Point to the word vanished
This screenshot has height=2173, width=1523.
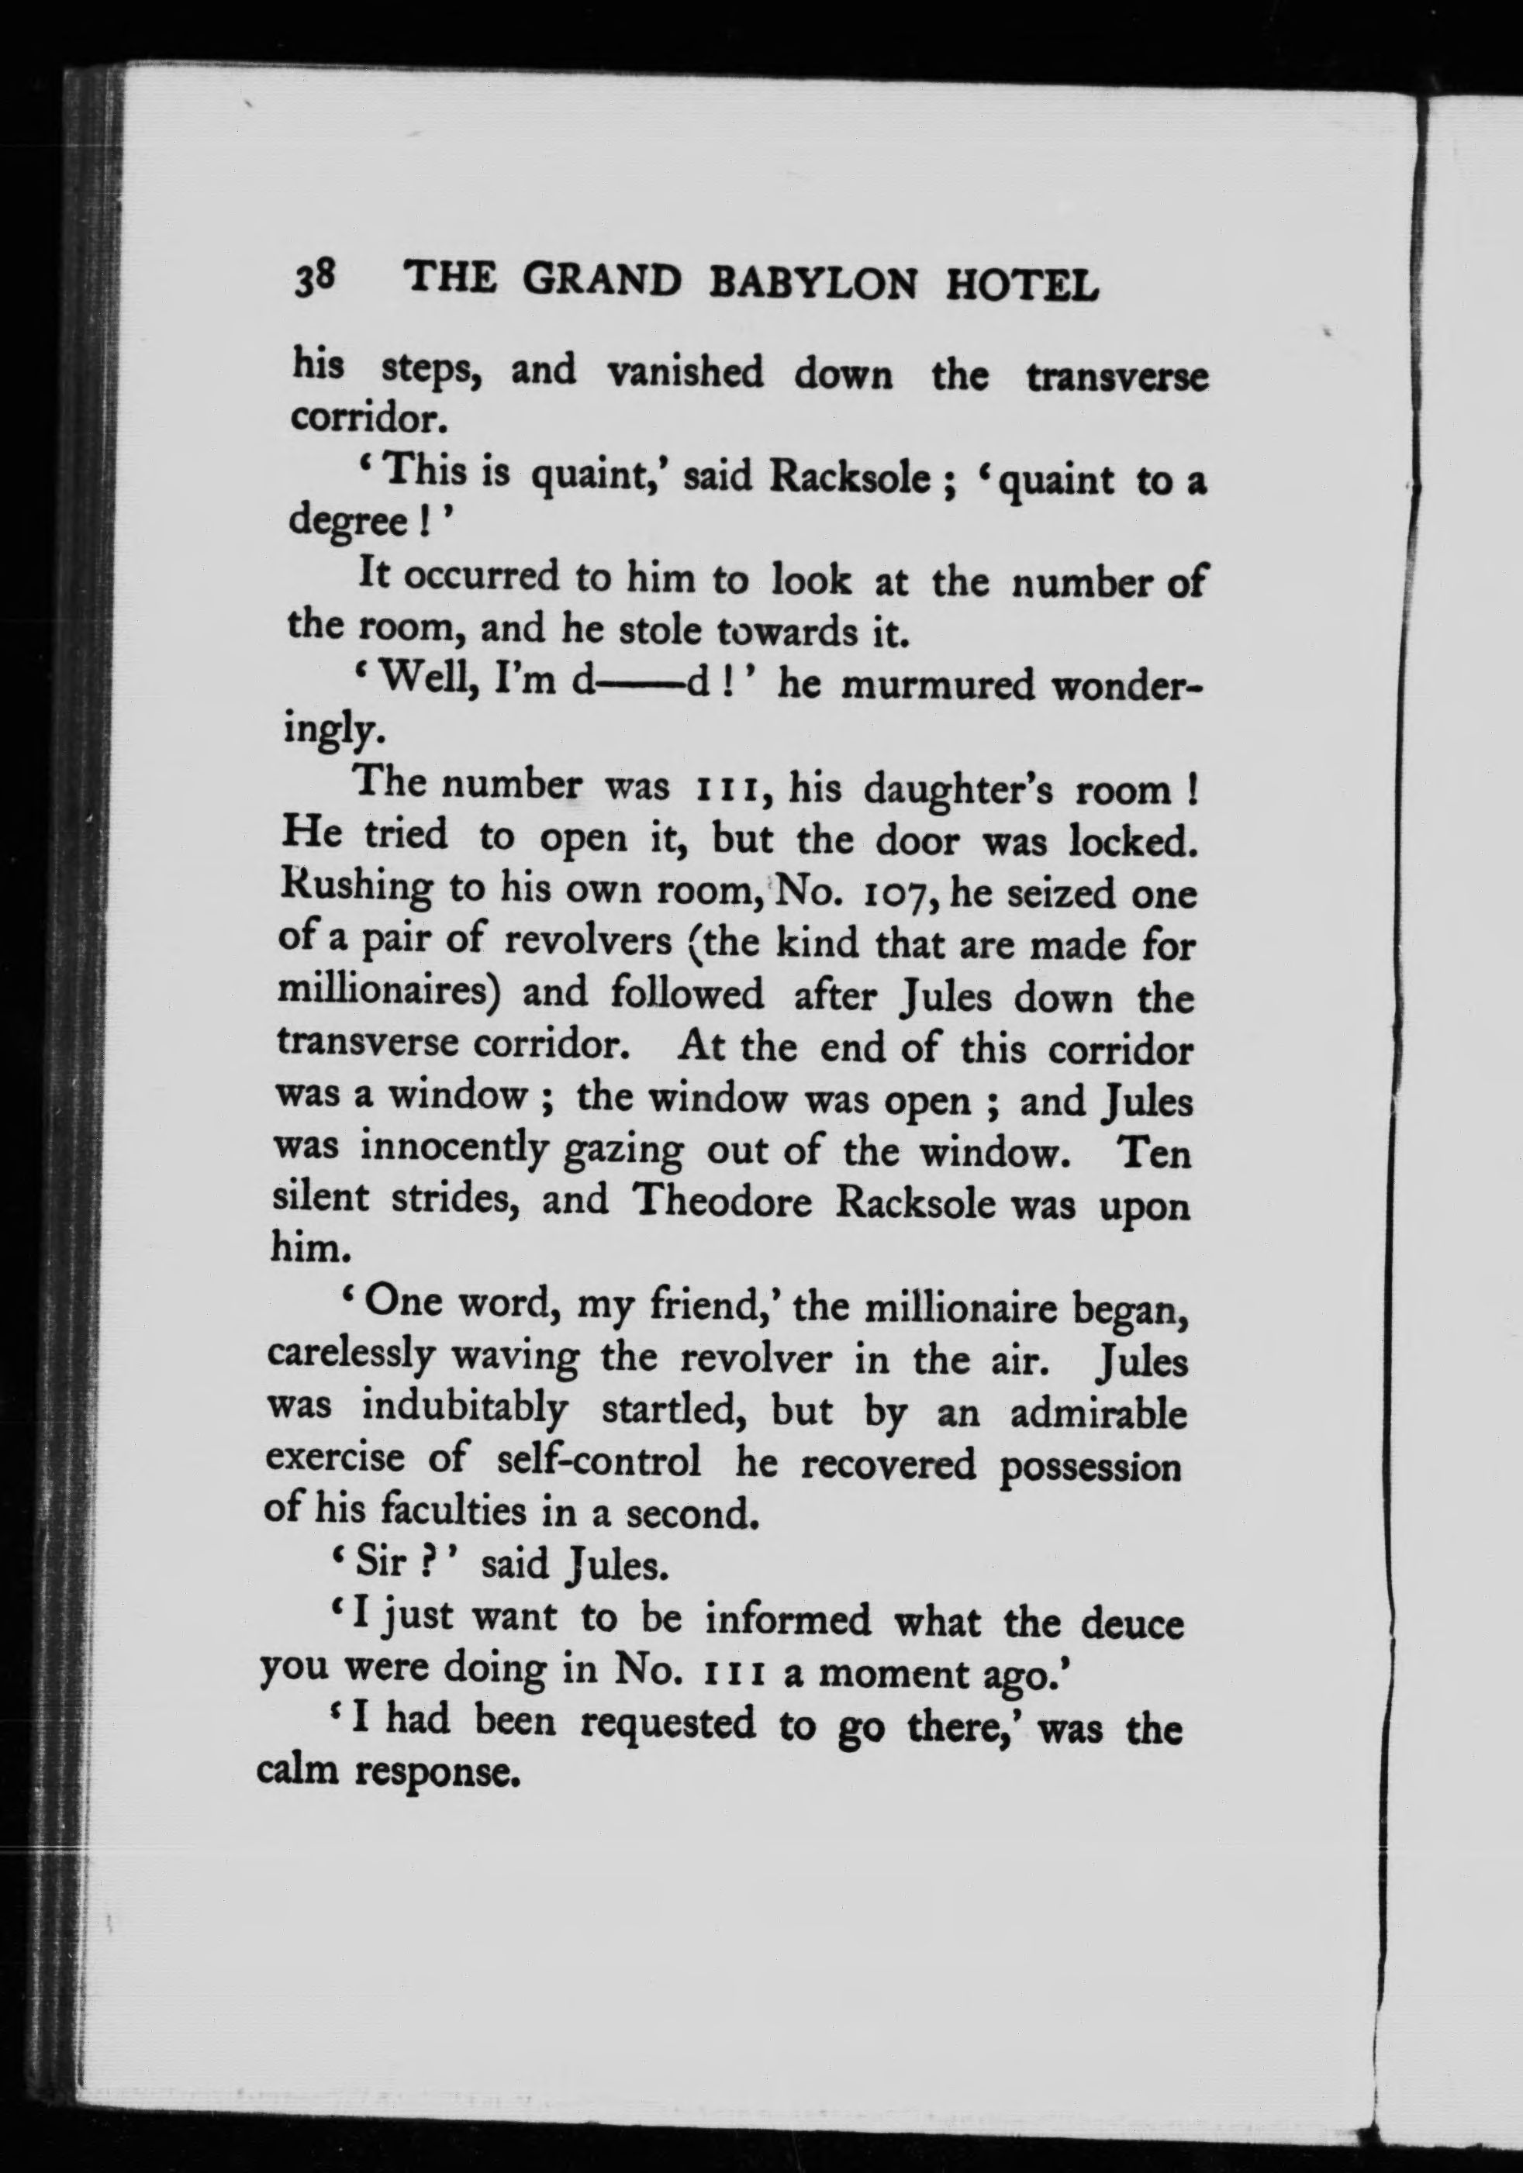(685, 372)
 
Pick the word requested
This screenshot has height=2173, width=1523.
(668, 1723)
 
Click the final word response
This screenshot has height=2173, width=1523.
(439, 1773)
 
